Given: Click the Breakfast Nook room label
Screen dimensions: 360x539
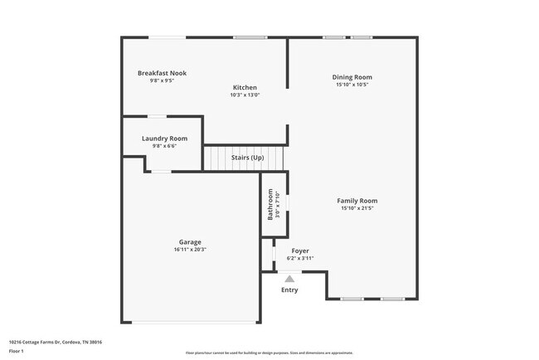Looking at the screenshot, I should (162, 73).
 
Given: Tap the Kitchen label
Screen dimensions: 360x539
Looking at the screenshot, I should (245, 87).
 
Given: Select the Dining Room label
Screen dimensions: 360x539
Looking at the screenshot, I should (352, 77).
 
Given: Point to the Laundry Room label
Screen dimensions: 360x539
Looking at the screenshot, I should (164, 139).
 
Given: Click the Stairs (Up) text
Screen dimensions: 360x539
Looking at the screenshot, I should (247, 158).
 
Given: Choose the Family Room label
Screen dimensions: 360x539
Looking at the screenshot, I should (357, 201).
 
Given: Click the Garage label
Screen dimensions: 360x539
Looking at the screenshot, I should (190, 242).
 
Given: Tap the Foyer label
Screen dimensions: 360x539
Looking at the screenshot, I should (299, 251).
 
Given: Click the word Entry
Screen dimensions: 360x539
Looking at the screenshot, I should (289, 289).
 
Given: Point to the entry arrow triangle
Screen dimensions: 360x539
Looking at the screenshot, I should (289, 279).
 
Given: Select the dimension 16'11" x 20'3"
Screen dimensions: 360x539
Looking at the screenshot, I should (190, 250).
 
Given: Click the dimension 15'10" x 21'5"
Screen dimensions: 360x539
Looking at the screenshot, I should (357, 208).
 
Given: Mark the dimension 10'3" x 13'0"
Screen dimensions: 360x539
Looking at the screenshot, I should (245, 95).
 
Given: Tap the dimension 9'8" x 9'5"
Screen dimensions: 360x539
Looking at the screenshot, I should (162, 80).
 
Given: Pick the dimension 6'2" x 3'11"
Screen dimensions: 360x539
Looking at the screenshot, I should (299, 258).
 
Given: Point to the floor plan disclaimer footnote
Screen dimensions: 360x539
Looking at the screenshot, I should (269, 353).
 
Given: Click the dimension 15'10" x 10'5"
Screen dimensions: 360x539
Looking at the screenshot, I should (352, 85).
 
